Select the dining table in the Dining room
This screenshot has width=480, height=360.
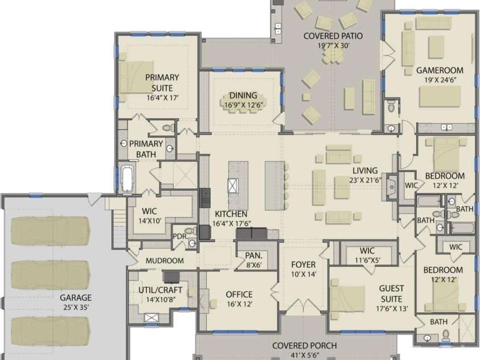click(243, 102)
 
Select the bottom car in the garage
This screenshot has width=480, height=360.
click(51, 330)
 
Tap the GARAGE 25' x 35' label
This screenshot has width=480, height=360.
click(75, 302)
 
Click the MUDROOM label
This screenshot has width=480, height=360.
click(164, 261)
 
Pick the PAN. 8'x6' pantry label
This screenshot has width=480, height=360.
click(253, 260)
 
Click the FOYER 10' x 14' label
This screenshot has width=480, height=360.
click(303, 269)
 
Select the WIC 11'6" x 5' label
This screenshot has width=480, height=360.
click(367, 255)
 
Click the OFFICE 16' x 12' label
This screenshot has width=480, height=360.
click(239, 299)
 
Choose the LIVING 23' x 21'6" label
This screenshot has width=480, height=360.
click(364, 175)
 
